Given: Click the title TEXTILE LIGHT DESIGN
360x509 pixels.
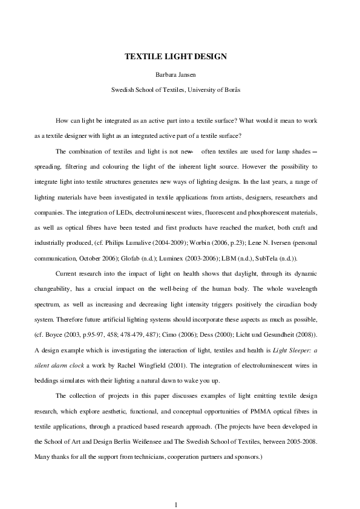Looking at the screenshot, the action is (175, 57).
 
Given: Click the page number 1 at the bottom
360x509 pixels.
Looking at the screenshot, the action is (175, 487).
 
